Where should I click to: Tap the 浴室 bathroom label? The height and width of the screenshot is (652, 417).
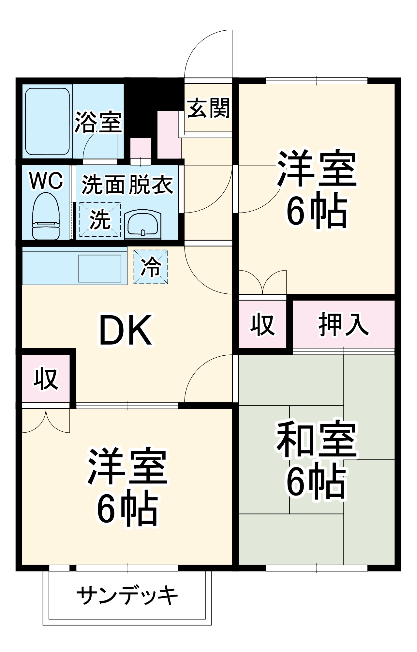[x=98, y=122]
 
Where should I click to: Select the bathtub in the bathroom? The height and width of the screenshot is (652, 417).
[x=48, y=121]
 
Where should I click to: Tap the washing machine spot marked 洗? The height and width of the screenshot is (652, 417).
[x=100, y=219]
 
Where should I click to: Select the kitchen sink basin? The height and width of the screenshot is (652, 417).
[x=100, y=268]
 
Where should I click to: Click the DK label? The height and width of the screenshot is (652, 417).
[x=126, y=331]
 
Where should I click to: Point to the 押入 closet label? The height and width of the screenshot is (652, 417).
[x=344, y=324]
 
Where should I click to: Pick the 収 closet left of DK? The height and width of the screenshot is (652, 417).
[x=46, y=378]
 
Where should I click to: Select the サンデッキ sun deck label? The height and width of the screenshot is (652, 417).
[x=127, y=596]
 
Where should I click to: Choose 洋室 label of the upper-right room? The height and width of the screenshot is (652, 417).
[x=316, y=169]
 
